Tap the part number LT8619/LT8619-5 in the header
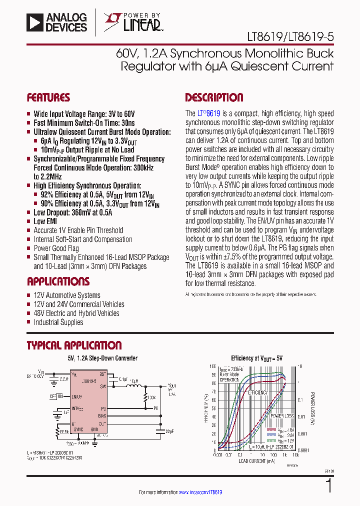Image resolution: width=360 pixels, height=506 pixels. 290,37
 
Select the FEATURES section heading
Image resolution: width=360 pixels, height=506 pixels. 48,97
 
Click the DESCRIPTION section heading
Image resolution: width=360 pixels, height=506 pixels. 214,97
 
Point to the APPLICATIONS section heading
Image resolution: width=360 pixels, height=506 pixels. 58,281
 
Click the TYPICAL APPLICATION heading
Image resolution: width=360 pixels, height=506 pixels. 74,345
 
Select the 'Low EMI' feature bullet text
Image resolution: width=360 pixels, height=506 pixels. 46,221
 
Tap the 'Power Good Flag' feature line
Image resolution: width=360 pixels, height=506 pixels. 56,248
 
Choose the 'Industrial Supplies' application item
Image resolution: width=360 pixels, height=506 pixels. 58,322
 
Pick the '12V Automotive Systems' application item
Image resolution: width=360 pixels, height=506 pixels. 67,295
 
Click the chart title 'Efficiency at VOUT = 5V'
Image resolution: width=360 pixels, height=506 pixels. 256,358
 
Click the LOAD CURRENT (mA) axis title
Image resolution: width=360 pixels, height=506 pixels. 256,460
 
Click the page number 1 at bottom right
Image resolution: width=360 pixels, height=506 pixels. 328,486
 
